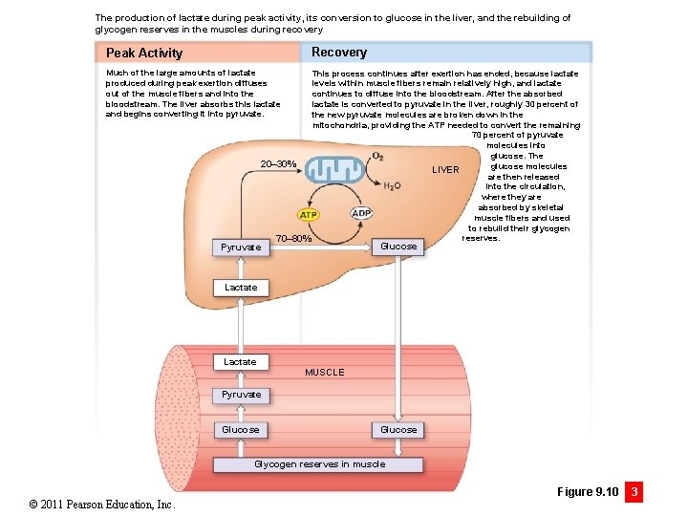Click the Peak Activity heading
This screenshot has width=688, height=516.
144,53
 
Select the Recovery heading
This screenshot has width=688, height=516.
338,52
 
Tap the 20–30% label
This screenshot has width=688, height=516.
279,164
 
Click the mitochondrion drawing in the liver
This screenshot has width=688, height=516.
334,169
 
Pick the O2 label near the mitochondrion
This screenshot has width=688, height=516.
378,156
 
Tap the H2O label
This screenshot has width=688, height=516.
392,185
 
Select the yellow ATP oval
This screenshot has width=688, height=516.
309,214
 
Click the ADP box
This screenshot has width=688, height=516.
361,213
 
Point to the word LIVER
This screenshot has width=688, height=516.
445,170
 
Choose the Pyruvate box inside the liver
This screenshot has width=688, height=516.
241,247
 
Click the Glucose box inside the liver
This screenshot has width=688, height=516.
398,247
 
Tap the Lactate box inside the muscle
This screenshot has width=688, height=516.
241,362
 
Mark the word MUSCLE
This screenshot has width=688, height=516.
324,372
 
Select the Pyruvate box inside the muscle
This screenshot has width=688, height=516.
241,395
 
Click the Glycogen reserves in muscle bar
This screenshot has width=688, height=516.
318,464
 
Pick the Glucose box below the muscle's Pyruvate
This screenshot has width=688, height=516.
241,430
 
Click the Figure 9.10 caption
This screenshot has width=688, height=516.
587,492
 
